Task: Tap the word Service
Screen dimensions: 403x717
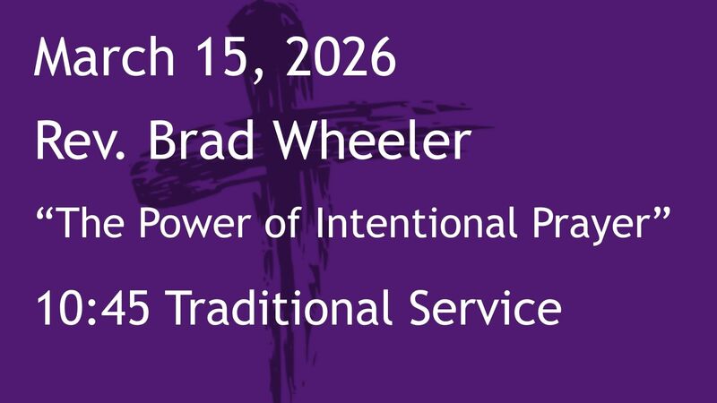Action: [x=488, y=310]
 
